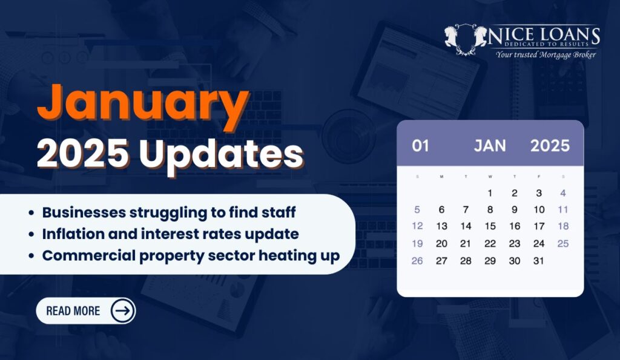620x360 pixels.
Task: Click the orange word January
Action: pos(143,104)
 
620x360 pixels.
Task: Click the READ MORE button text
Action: pos(73,311)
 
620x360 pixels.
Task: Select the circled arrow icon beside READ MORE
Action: pos(122,310)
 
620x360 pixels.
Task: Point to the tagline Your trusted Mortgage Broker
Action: pos(546,54)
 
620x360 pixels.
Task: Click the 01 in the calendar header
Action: pos(420,146)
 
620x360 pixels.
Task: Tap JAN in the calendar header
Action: pos(490,146)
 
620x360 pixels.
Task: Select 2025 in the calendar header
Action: pos(550,146)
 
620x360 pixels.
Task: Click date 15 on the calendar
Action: pos(490,226)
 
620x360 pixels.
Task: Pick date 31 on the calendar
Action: pos(538,261)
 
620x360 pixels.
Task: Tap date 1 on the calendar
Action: pos(490,193)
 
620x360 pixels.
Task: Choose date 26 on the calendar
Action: pos(417,261)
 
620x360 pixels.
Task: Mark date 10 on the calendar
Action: pos(539,209)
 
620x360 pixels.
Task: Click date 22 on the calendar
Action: pos(490,243)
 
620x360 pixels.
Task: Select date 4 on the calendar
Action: pos(563,193)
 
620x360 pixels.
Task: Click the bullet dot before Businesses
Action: pos(31,213)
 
